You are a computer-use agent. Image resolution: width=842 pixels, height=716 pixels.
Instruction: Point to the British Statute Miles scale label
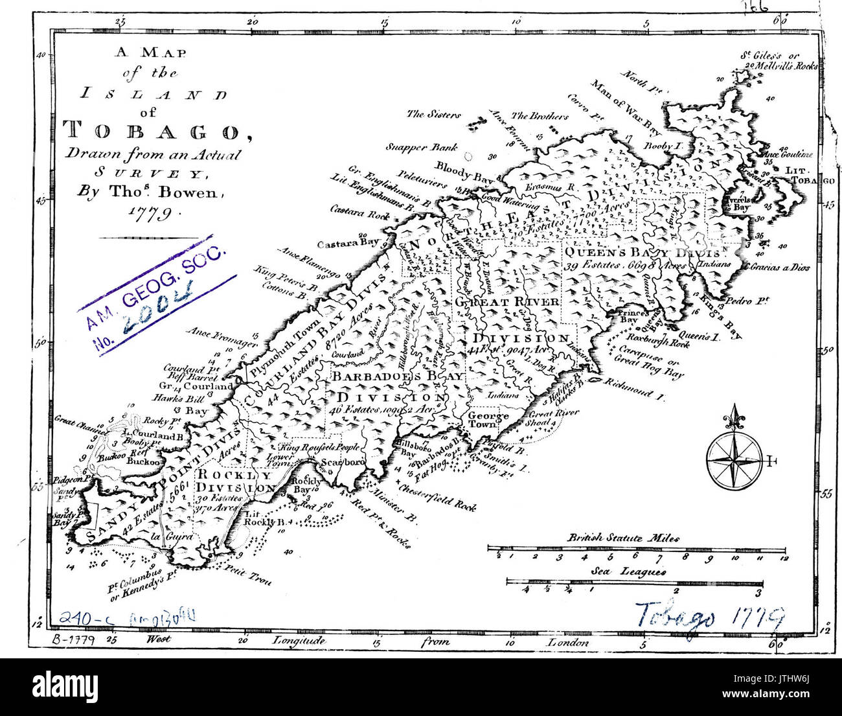624,537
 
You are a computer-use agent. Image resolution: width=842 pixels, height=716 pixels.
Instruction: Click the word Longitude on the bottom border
299,641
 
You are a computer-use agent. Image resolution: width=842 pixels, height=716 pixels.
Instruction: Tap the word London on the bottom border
568,642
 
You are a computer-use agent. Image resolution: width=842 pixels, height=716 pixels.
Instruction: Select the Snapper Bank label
422,146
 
